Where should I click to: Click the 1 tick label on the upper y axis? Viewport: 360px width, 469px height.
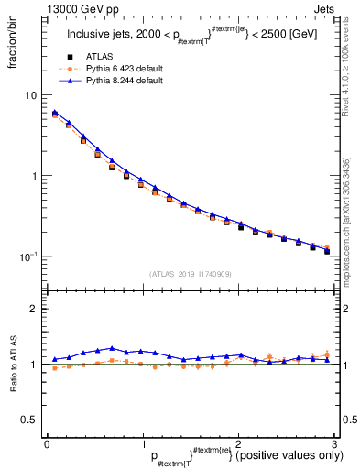pyautogui.click(x=34, y=176)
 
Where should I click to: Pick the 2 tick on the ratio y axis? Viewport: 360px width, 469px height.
pyautogui.click(x=34, y=310)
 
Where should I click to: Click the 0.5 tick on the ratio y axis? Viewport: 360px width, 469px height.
pyautogui.click(x=29, y=420)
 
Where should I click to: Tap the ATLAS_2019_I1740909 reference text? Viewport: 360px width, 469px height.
pyautogui.click(x=190, y=273)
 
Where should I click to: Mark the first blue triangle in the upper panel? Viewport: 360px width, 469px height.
pyautogui.click(x=55, y=113)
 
